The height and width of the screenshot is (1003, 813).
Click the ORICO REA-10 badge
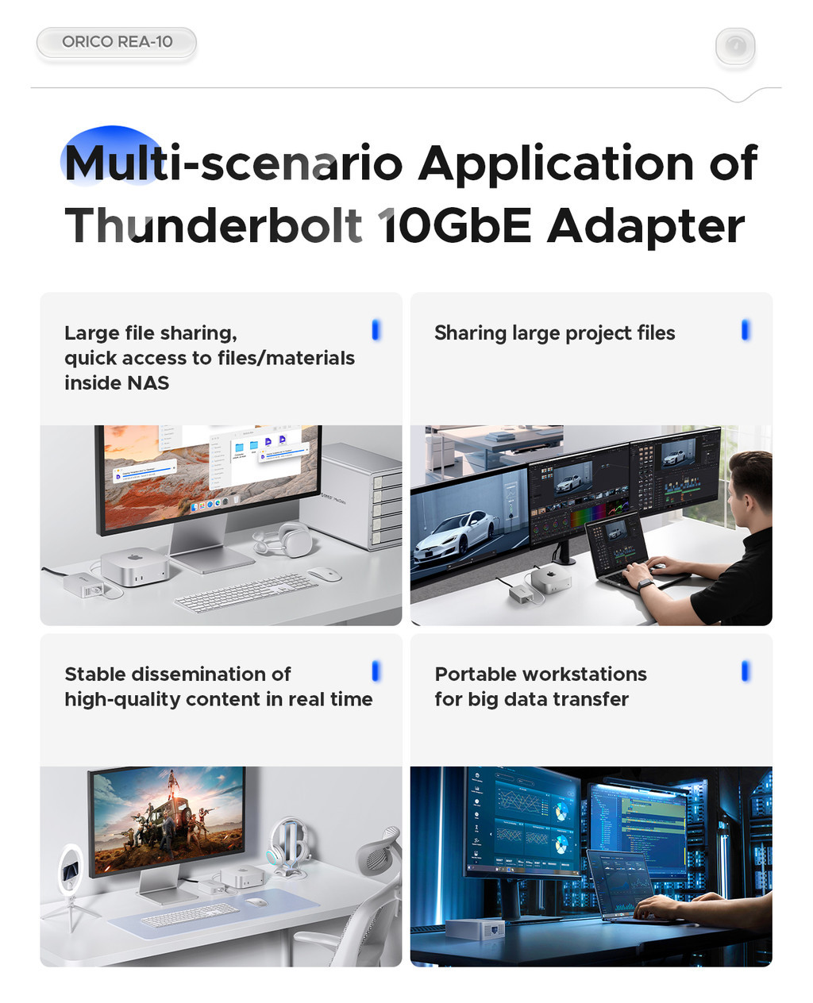(x=117, y=42)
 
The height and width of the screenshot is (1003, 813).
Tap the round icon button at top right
(x=735, y=46)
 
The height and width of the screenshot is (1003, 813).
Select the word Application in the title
(x=556, y=163)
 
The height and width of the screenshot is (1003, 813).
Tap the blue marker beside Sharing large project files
(x=746, y=330)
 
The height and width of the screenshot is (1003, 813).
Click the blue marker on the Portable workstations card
(x=746, y=671)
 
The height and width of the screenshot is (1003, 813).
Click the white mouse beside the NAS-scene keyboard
(x=324, y=575)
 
